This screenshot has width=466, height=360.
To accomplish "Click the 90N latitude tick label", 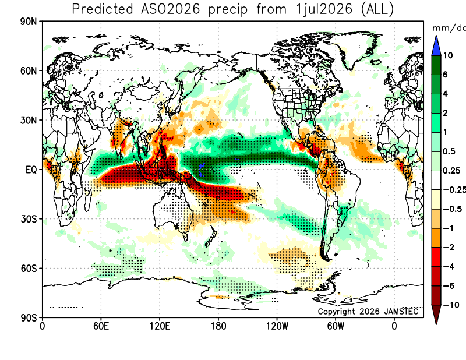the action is [x=29, y=22].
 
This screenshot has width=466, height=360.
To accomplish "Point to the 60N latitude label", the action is [x=29, y=71].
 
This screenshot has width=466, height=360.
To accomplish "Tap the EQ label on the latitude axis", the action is [x=31, y=170].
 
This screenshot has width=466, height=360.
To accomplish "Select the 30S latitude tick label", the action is [x=29, y=219].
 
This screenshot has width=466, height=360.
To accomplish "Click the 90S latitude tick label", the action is [x=29, y=318].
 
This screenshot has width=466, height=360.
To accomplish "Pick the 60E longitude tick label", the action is [x=101, y=326].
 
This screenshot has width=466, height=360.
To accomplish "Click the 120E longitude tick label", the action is [x=160, y=326].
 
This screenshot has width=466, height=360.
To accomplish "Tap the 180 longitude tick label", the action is [x=218, y=326].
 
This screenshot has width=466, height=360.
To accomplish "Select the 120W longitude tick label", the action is [x=277, y=326].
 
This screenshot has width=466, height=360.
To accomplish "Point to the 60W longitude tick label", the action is [x=336, y=326].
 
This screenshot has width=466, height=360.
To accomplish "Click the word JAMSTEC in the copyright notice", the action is [x=401, y=311].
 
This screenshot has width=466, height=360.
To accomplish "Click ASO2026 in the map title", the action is [x=171, y=9].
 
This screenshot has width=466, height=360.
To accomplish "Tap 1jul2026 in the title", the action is [x=324, y=9].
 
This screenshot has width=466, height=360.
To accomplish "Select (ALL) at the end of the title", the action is [x=377, y=9].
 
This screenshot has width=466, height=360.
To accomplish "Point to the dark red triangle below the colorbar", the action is [x=436, y=313].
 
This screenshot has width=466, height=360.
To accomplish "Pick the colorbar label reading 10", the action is [x=448, y=55].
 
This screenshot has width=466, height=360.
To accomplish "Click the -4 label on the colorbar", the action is [x=449, y=267].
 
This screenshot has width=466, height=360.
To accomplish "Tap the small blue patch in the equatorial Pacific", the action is [x=202, y=169].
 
